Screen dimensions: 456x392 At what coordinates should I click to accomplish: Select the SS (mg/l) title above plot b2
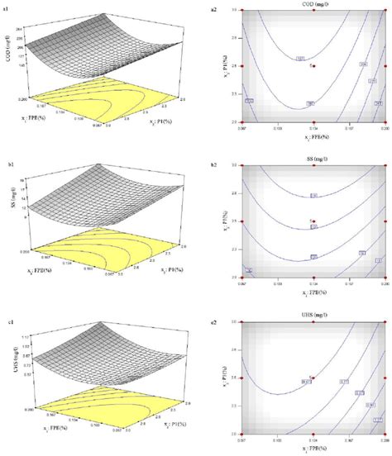point(313,159)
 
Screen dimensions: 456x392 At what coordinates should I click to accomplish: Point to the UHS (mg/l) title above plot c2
point(313,315)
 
